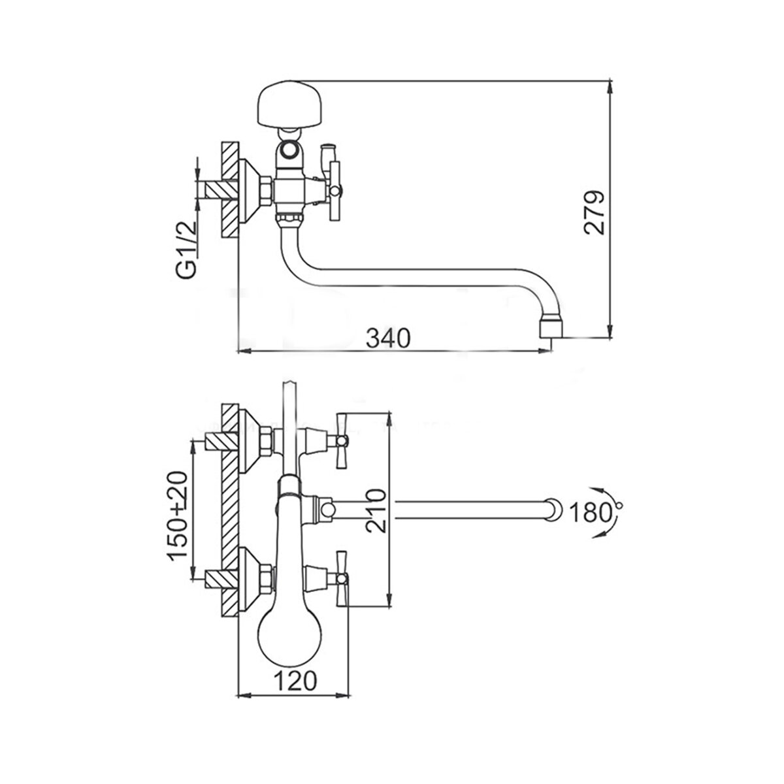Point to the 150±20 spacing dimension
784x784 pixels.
pos(178,516)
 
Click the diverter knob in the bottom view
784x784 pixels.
pos(324,508)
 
